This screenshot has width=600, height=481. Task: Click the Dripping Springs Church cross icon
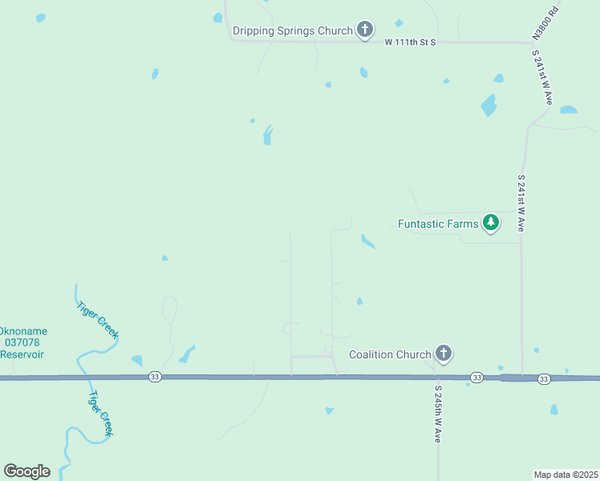[x=365, y=31]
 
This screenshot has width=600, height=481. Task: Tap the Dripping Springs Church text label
[x=293, y=31]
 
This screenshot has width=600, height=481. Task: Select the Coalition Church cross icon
[x=444, y=354]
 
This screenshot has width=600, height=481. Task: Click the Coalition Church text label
[x=390, y=354]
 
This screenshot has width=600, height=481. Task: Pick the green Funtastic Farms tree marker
[x=491, y=224]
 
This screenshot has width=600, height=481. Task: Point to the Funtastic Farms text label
[x=438, y=224]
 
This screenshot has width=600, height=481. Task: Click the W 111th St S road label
[x=409, y=42]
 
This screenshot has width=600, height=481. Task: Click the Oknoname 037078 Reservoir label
[x=22, y=342]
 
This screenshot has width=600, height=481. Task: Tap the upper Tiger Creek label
[x=97, y=318]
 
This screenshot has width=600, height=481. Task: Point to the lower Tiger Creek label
[x=101, y=413]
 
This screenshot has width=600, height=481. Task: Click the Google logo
[x=26, y=471]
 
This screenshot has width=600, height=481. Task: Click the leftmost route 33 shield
[x=155, y=377]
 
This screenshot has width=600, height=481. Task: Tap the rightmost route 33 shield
[x=544, y=378]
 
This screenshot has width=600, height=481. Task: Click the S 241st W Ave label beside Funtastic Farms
[x=521, y=204]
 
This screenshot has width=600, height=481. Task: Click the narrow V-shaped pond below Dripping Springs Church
[x=267, y=135]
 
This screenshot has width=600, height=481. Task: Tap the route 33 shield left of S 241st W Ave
[x=476, y=377]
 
